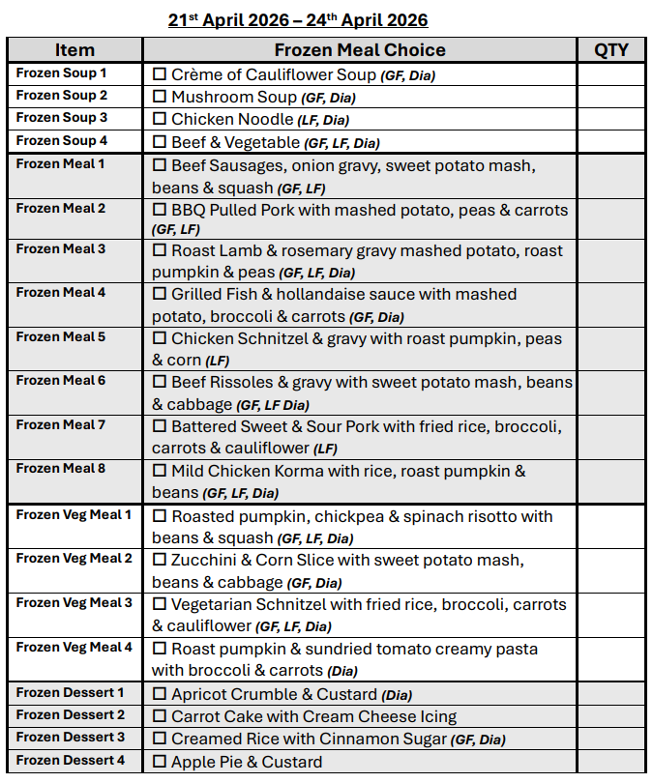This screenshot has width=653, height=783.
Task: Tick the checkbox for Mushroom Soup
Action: (160, 98)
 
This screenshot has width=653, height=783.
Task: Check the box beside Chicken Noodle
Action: (160, 120)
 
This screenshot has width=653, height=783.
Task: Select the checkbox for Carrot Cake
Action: (160, 717)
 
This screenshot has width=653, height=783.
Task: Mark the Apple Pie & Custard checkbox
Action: (160, 762)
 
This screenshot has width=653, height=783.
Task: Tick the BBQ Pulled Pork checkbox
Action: (160, 210)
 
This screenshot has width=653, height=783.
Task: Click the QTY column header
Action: (610, 50)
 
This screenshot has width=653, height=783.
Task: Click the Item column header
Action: (74, 50)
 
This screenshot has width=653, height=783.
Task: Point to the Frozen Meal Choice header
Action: (360, 50)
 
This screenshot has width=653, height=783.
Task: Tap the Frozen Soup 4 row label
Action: (62, 141)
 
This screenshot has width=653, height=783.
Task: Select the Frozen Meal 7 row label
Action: (61, 424)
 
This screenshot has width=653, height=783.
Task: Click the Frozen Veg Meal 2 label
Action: (74, 558)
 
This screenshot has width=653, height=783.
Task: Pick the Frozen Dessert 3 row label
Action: (71, 738)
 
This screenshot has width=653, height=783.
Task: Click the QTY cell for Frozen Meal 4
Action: (610, 305)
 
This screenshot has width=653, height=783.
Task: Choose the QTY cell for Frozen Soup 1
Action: (610, 74)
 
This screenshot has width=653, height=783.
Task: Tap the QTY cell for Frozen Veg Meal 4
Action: (610, 658)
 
